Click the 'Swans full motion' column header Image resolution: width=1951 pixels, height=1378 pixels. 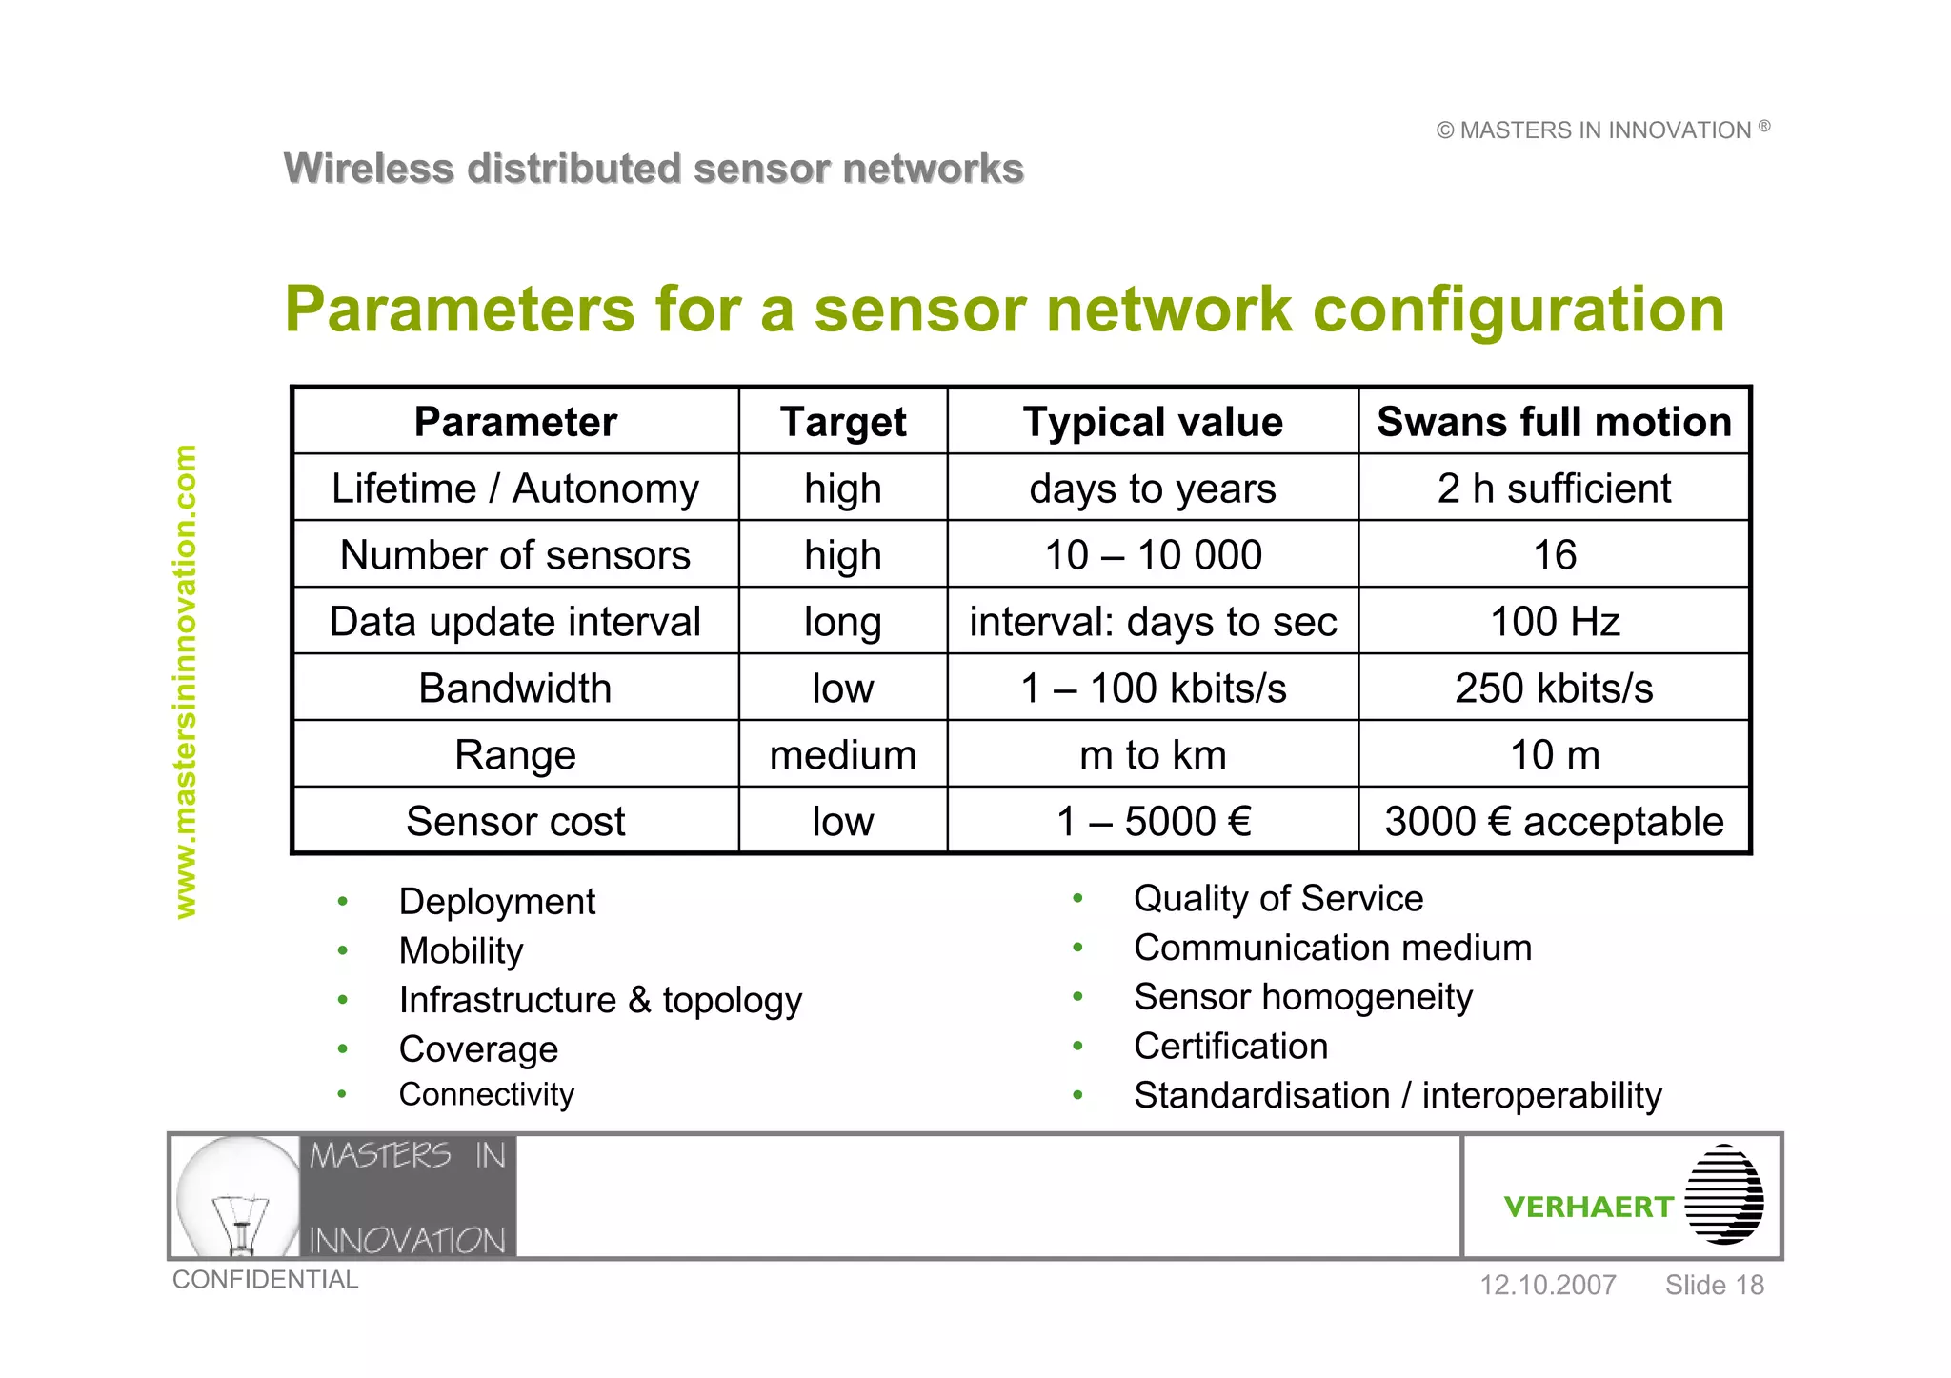pos(1554,422)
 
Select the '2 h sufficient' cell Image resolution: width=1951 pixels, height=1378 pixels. pos(1554,489)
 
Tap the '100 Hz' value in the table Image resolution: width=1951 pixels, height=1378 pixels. pos(1554,622)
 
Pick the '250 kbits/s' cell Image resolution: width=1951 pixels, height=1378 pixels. pos(1554,689)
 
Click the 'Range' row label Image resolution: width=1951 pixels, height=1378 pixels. pos(515,755)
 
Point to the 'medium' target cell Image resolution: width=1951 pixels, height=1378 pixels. pos(842,755)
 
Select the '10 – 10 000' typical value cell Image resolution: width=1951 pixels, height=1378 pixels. pos(1153,555)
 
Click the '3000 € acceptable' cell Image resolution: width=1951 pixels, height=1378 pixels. pos(1554,822)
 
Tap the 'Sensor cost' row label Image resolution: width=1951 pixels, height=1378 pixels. pos(515,822)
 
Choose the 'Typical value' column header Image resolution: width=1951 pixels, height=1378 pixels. pos(1153,422)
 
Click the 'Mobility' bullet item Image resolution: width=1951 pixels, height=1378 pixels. pos(461,950)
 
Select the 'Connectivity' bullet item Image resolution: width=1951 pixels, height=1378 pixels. pos(486,1094)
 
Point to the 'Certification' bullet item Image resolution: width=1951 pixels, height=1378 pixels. pos(1231,1047)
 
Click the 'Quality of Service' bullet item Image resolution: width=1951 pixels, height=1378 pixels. pos(1278,898)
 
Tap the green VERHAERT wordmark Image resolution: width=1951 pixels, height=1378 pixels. pos(1588,1207)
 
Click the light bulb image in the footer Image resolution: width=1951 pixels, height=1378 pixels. pos(238,1197)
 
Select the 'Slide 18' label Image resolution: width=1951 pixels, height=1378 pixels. pos(1714,1286)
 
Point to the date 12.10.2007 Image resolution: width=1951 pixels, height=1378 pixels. pos(1547,1286)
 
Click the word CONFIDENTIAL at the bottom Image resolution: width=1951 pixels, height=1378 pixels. pos(265,1280)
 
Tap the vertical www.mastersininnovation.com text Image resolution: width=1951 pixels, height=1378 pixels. pos(186,681)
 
